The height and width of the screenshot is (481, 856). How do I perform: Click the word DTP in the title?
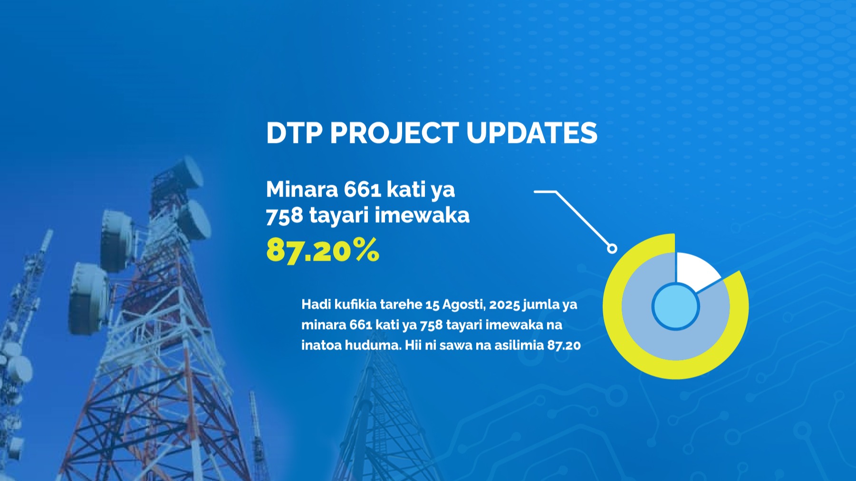point(294,132)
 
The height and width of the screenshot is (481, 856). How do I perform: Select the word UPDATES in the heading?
point(532,132)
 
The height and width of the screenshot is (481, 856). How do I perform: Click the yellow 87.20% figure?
point(323,250)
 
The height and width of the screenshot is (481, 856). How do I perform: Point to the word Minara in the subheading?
point(302,189)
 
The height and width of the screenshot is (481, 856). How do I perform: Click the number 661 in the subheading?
point(363,189)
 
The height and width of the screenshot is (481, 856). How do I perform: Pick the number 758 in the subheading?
point(284,216)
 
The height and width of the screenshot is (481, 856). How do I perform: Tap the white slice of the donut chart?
point(695,271)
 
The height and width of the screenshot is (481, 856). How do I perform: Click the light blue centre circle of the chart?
point(675,307)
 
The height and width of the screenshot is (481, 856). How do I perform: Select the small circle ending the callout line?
point(612,248)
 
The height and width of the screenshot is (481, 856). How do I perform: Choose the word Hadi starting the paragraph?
point(316,304)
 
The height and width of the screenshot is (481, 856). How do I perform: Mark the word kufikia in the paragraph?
point(356,304)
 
